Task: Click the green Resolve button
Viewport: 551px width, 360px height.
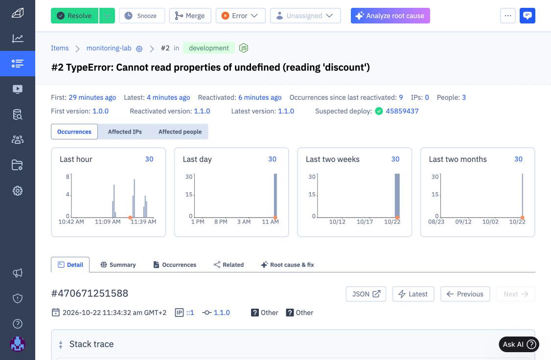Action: (74, 16)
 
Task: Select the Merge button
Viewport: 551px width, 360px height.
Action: (190, 16)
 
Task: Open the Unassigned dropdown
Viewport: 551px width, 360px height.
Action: (305, 16)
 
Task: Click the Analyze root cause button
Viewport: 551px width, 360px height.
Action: (390, 16)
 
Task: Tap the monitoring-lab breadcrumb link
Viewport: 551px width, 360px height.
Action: (109, 48)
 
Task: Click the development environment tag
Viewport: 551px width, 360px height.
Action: (209, 48)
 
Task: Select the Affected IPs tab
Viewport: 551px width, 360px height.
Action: (125, 132)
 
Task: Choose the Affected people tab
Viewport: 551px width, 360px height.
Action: (180, 132)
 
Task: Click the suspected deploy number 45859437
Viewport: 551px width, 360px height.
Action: (402, 111)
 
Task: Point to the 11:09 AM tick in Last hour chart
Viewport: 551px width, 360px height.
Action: (108, 222)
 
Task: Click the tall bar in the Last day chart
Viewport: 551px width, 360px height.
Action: (275, 196)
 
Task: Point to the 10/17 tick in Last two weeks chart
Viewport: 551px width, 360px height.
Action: (365, 222)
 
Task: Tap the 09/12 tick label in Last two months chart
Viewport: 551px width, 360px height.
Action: (463, 222)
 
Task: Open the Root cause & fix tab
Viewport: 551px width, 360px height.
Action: (287, 265)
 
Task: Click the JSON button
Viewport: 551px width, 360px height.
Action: (366, 294)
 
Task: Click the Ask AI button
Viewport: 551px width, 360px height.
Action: (519, 344)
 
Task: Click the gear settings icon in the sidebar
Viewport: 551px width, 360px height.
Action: (18, 191)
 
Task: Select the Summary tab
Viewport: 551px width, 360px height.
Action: (118, 265)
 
